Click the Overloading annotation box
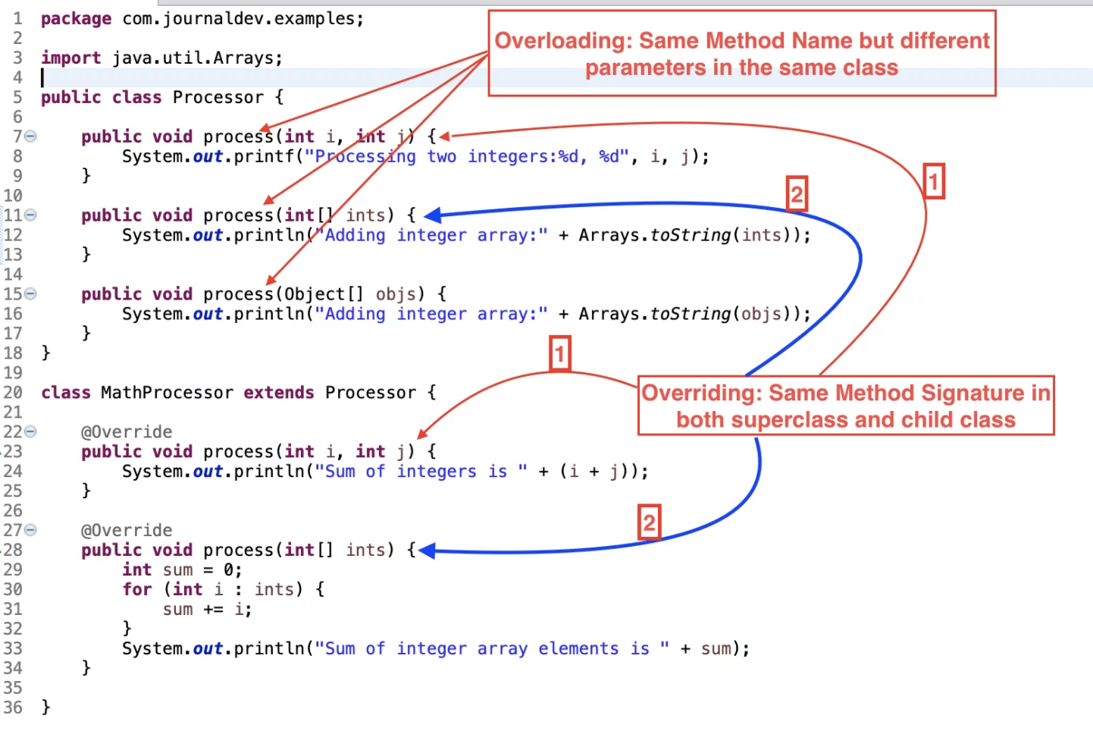coord(741,53)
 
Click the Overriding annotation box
coord(845,406)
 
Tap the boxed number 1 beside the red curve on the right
coord(933,182)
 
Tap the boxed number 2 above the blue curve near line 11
coord(796,195)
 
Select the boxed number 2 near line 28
coord(649,522)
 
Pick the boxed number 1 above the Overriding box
coord(559,353)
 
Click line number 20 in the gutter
coord(13,393)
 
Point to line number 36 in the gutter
coord(13,707)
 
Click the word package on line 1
coord(76,19)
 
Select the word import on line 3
coord(70,58)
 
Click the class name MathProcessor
coord(167,393)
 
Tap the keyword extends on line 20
coord(278,393)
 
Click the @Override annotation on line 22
coord(127,432)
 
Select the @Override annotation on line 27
coord(127,531)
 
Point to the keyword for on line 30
coord(137,590)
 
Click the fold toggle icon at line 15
coord(30,294)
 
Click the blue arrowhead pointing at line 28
coord(427,551)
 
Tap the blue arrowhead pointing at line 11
coord(432,216)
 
